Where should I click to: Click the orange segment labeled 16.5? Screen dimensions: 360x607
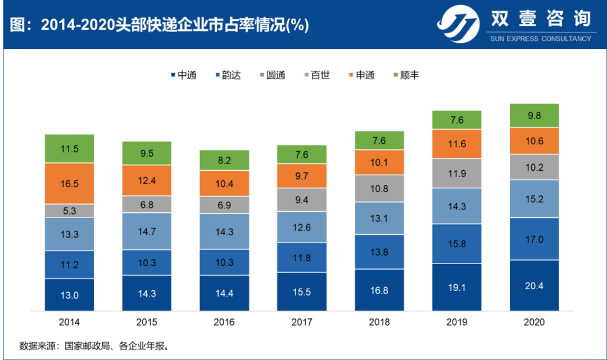click(70, 183)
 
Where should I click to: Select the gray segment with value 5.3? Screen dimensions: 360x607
click(70, 211)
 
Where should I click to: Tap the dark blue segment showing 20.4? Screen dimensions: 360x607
click(534, 285)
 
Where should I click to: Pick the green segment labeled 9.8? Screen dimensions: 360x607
click(534, 116)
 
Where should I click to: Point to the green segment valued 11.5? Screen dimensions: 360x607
click(70, 149)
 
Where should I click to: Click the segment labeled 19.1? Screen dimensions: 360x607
click(456, 287)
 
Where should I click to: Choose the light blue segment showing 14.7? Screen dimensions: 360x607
click(147, 231)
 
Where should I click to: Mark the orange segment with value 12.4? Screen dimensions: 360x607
click(147, 180)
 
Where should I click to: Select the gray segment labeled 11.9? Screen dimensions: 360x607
click(456, 174)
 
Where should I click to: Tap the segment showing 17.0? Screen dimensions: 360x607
click(534, 239)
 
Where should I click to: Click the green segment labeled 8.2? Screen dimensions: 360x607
click(224, 160)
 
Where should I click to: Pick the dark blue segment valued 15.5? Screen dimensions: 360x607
click(302, 291)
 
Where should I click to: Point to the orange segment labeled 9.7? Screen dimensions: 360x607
click(302, 176)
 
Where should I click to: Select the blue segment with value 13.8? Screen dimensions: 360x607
click(379, 252)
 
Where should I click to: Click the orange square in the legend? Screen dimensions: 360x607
click(351, 75)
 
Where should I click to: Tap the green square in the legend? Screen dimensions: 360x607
click(396, 75)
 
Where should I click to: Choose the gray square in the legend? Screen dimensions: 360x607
click(307, 75)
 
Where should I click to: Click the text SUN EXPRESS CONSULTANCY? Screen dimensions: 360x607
click(541, 39)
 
